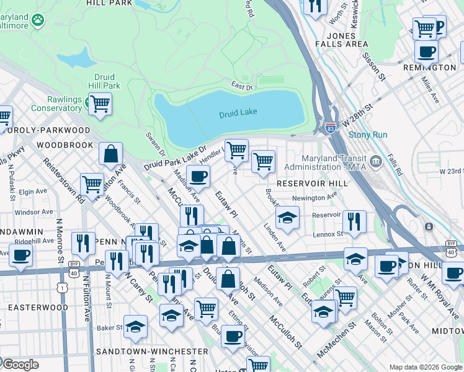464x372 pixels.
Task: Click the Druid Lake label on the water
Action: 238,113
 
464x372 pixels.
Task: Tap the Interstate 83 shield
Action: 330,128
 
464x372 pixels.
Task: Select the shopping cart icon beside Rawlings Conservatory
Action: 99,104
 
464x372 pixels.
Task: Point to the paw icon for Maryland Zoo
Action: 38,20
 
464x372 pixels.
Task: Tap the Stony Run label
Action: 367,135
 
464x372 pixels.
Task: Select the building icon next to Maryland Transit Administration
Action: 375,162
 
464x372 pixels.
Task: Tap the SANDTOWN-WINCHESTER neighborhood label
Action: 159,351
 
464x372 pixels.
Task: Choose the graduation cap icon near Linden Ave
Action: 287,218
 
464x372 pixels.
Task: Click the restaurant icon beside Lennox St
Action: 354,221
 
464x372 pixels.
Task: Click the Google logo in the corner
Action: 20,365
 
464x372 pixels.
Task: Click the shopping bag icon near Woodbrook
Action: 110,155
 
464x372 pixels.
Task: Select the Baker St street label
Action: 109,327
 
